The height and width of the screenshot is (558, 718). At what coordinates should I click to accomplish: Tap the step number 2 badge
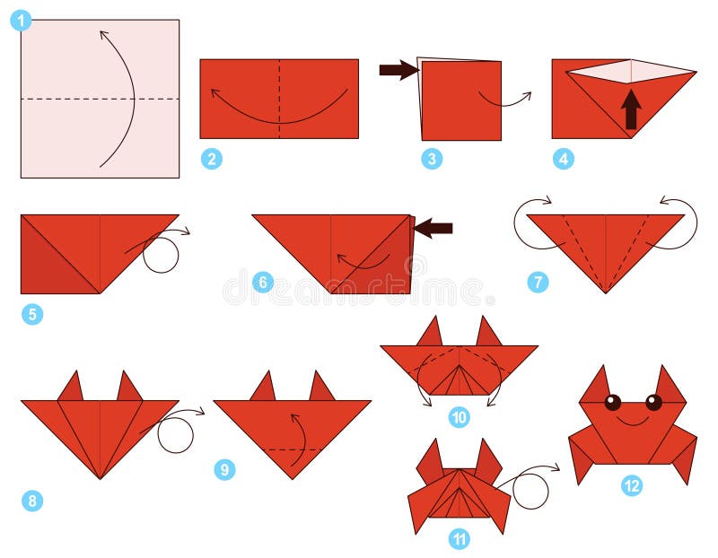click(x=212, y=160)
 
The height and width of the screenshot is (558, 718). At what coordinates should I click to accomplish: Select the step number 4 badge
click(x=564, y=160)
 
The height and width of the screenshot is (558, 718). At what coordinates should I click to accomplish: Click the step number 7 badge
click(x=538, y=282)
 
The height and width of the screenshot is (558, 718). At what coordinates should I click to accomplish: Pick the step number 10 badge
click(x=460, y=416)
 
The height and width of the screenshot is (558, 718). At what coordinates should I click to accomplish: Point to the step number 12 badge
click(x=632, y=485)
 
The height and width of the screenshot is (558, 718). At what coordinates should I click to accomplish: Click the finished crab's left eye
click(x=612, y=402)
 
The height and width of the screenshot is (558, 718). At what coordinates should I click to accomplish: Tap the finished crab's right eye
click(x=653, y=402)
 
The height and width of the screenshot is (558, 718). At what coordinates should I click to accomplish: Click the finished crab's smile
click(x=633, y=421)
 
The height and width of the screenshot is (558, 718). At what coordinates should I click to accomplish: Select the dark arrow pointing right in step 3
click(x=398, y=70)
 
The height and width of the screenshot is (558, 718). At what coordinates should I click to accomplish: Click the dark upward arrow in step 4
click(x=631, y=109)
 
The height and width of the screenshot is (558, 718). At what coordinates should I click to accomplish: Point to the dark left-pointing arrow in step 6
click(x=433, y=229)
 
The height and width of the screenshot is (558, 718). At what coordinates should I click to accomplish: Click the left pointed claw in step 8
click(x=71, y=388)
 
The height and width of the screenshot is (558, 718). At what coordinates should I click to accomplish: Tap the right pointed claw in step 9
click(x=321, y=387)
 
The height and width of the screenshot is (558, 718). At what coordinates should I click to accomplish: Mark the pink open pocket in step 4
click(x=631, y=72)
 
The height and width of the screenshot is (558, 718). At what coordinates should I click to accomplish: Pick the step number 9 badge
click(x=224, y=469)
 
